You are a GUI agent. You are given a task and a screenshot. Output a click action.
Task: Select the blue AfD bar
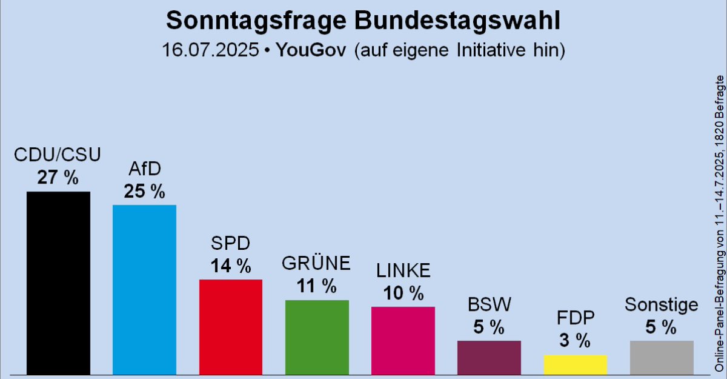tap(144, 289)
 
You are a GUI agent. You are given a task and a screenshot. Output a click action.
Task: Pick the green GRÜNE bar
tap(317, 337)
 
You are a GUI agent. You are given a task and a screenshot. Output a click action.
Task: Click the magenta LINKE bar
tap(403, 340)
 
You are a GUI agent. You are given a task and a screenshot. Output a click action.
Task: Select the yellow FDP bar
tap(575, 364)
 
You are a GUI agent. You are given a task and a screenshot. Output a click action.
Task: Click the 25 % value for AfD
tap(144, 192)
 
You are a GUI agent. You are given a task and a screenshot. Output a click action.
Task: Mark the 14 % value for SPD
tap(230, 266)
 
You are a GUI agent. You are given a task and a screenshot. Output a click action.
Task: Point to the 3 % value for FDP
tap(575, 341)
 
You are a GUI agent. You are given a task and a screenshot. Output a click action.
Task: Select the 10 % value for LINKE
tap(403, 293)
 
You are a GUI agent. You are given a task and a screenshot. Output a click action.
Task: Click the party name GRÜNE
tap(317, 264)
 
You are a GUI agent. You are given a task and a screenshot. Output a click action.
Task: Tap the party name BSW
tap(489, 303)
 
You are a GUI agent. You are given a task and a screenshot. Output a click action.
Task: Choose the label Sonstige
tap(662, 305)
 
